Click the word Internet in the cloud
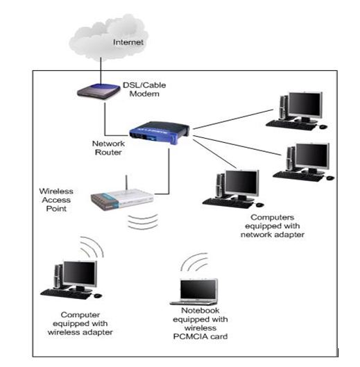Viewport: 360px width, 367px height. [128, 42]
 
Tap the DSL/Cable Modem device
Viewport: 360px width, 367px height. [98, 92]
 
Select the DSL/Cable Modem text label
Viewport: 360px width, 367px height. [144, 89]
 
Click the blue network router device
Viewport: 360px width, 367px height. [159, 133]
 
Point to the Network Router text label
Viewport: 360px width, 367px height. [108, 148]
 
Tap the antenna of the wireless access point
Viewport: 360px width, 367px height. [127, 182]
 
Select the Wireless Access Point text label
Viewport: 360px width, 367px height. [56, 200]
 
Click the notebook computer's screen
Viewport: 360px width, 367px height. [198, 289]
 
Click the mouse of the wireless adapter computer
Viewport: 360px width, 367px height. [98, 296]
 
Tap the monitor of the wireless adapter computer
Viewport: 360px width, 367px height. [80, 274]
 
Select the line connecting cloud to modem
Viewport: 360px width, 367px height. [101, 71]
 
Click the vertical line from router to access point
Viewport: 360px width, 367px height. [169, 171]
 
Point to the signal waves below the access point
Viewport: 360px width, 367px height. [143, 221]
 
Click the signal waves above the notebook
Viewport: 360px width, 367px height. [194, 262]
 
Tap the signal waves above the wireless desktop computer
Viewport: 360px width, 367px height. [92, 247]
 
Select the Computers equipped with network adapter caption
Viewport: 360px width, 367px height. [273, 226]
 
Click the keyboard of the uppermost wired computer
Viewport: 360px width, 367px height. [291, 125]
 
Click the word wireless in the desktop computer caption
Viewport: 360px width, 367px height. [62, 332]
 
